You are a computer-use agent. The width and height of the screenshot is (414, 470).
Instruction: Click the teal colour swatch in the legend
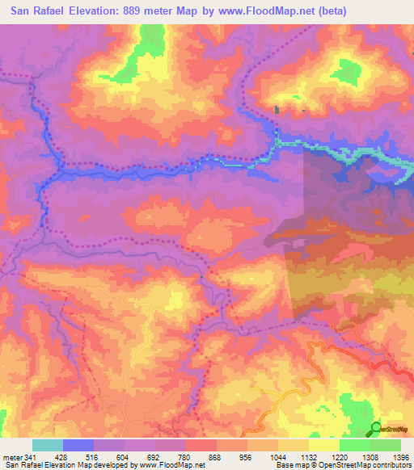click(x=48, y=446)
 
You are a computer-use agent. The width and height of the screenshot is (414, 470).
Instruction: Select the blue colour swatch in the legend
click(x=78, y=446)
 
